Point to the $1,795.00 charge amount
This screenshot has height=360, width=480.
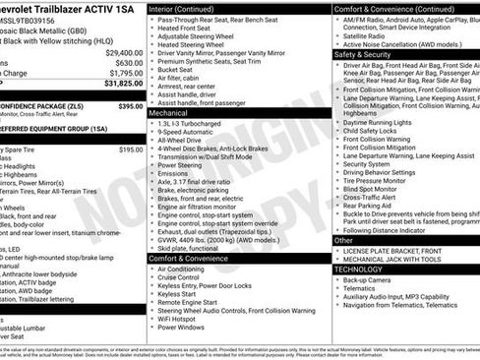(125, 73)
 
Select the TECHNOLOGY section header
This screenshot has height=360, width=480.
(358, 269)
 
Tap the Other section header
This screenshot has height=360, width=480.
(343, 240)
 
